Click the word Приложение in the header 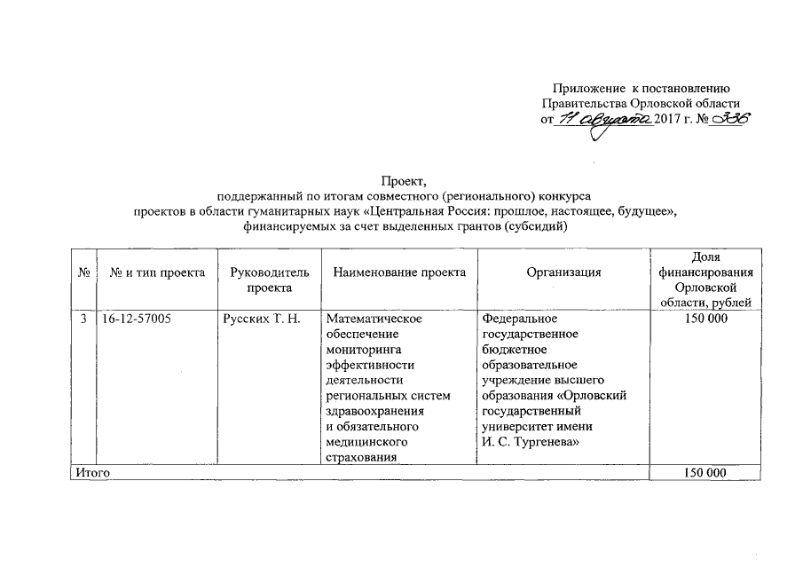[x=589, y=88]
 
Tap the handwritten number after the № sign [x=729, y=120]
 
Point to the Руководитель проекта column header [x=269, y=280]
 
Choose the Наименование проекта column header [x=399, y=273]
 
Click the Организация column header [x=563, y=273]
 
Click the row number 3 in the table [x=82, y=319]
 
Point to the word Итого [x=92, y=474]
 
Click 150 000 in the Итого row [x=705, y=474]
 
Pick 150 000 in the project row [x=705, y=319]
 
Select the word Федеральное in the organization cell [x=519, y=319]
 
